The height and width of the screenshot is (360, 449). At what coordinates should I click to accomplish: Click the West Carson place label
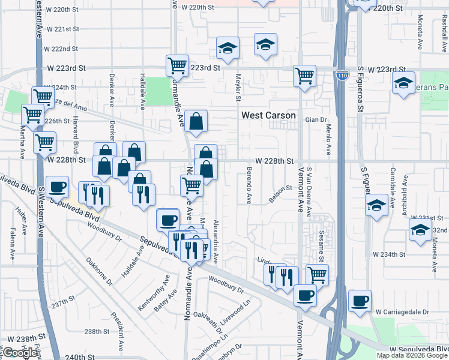coord(268,115)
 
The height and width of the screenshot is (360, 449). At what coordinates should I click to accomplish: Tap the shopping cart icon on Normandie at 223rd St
coord(177,65)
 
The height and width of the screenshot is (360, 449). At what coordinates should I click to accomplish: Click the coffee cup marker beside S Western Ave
coord(58,187)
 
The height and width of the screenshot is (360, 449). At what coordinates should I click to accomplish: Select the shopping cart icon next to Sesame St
coord(318,274)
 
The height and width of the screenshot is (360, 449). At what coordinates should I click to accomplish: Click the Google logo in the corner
coord(20,353)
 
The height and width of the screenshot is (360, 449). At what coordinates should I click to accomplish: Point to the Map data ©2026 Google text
coord(412,355)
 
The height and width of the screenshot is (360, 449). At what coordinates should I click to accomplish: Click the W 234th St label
coord(389,255)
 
